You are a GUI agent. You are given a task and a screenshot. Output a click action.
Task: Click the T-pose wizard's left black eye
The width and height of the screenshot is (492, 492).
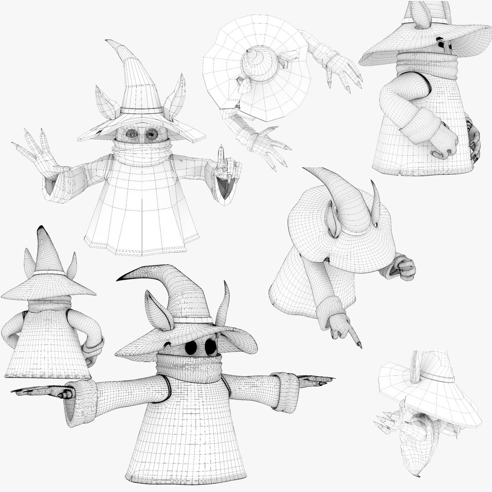click(191, 347)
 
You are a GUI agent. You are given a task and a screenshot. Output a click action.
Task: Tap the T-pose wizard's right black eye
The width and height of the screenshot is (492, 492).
click(210, 347)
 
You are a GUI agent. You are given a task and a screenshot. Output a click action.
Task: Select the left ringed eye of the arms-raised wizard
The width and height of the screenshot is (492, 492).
click(132, 133)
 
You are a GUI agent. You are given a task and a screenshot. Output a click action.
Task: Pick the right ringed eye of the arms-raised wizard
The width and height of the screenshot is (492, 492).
click(151, 133)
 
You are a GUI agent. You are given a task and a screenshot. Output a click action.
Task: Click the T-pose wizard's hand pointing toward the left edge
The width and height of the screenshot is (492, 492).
click(46, 391)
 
